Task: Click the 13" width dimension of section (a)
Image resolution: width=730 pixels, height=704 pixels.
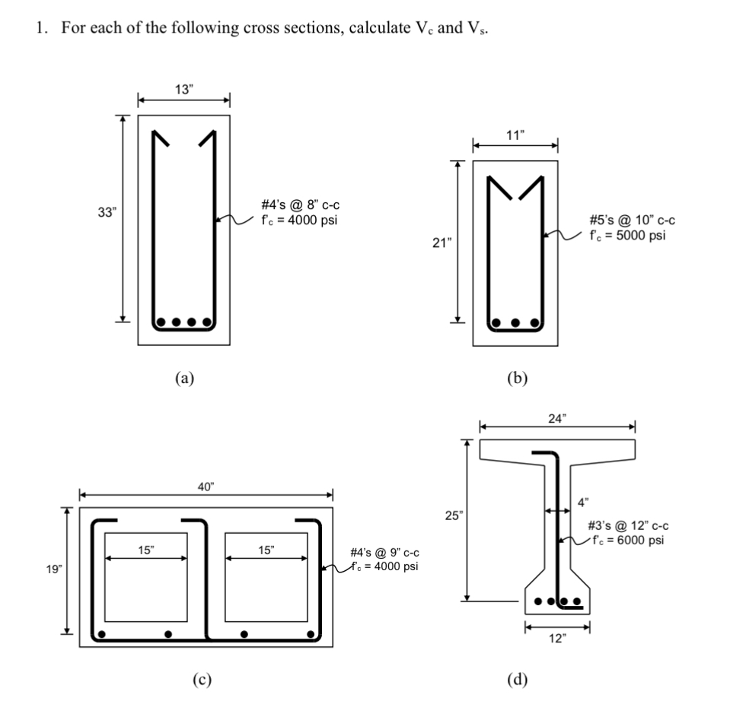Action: (183, 88)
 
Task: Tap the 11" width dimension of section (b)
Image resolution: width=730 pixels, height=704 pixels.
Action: (515, 135)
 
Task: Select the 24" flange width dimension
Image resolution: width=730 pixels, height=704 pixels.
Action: (557, 417)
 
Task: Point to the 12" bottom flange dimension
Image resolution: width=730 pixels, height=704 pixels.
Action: (557, 638)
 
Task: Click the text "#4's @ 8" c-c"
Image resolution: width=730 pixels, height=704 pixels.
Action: (296, 207)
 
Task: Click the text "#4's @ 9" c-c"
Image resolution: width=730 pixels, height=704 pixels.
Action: (384, 553)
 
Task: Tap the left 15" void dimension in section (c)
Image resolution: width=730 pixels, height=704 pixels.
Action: (145, 549)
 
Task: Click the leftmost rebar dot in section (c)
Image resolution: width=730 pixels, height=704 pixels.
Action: (102, 633)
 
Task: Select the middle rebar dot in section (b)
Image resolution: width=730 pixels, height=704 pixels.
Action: (515, 322)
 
